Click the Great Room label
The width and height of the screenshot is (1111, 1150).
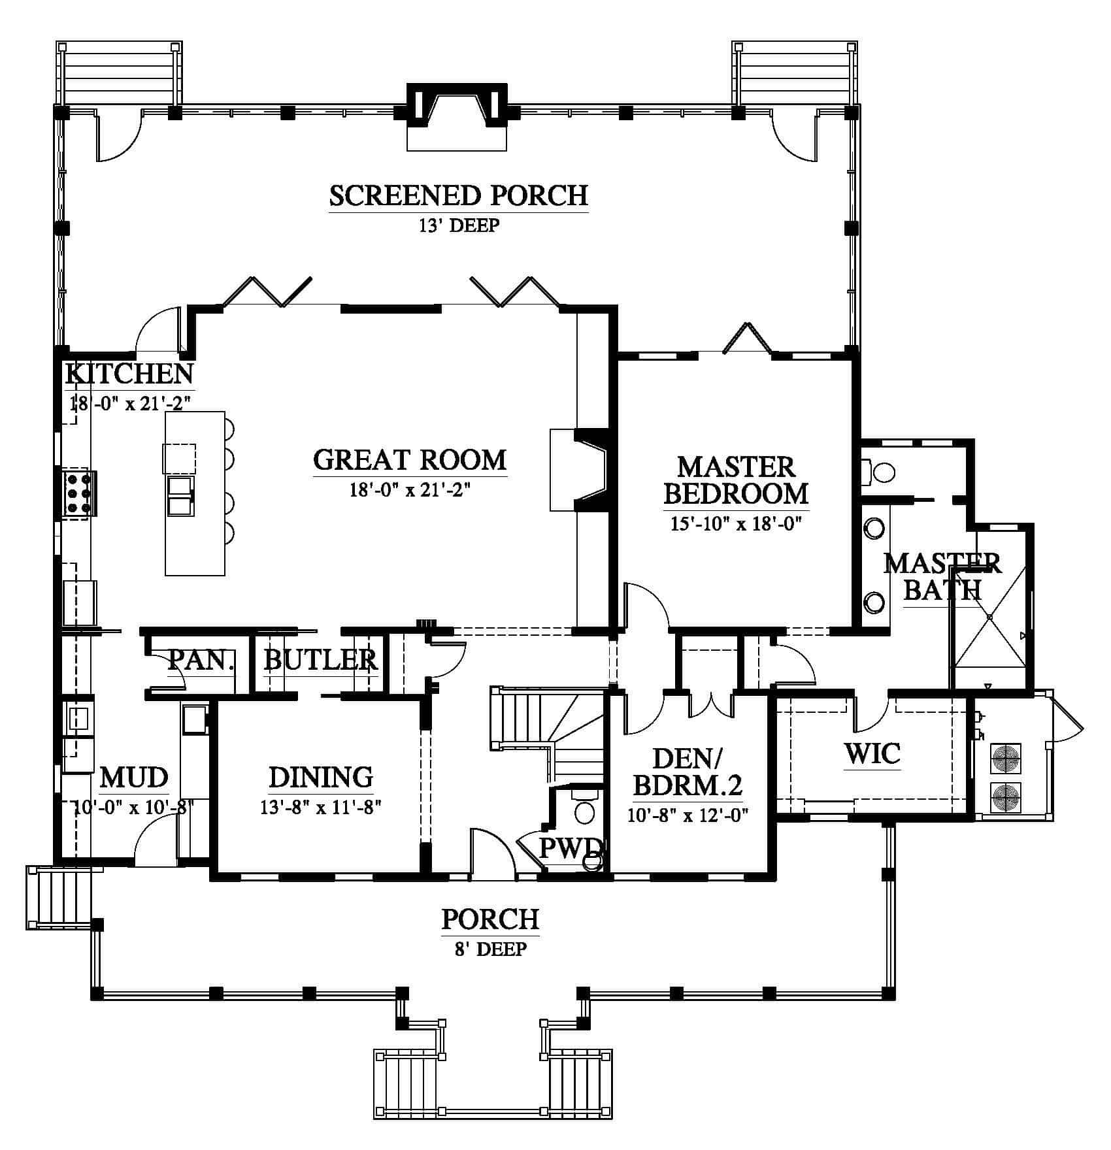point(410,460)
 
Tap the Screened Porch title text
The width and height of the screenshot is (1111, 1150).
point(458,195)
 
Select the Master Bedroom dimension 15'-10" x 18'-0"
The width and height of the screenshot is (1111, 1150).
point(736,524)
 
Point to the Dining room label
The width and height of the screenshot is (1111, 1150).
point(321,777)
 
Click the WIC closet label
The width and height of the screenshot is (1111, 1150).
point(872,753)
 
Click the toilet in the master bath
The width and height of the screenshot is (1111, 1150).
point(882,472)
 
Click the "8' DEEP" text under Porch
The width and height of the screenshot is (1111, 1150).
point(491,949)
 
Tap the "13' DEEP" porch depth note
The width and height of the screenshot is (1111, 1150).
point(458,226)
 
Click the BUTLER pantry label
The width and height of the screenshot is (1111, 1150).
point(320,661)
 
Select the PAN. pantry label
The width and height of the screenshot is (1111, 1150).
point(201,661)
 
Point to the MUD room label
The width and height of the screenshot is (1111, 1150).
point(134,778)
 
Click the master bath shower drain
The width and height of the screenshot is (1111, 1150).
point(989,617)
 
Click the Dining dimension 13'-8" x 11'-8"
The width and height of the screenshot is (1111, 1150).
point(320,808)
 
